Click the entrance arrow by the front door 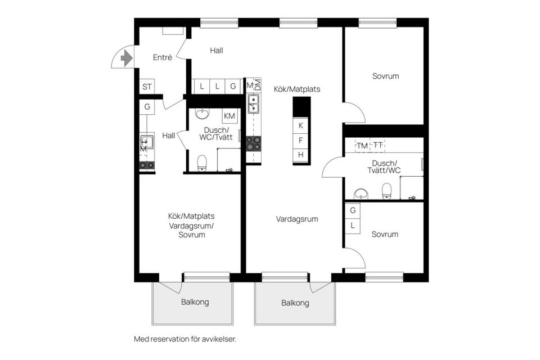127,57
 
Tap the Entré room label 163,57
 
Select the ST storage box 147,87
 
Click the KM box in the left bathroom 229,116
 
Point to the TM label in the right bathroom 362,146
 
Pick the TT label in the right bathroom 378,146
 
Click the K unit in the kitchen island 301,125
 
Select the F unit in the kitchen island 301,140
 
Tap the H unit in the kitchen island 301,155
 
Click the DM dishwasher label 258,85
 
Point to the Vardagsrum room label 297,219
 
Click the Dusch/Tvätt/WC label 384,166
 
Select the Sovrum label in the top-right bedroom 385,76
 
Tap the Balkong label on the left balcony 195,302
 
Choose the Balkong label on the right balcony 295,303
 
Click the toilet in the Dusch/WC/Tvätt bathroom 202,163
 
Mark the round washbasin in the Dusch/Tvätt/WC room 361,194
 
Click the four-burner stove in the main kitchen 254,143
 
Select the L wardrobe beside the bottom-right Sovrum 353,226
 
